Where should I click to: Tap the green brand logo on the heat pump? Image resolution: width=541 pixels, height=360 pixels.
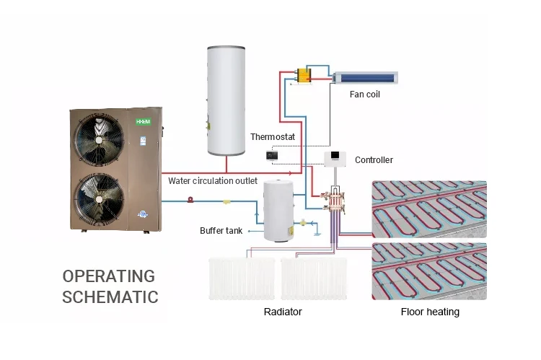point(145,122)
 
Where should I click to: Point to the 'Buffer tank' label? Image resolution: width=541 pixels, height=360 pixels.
point(221,231)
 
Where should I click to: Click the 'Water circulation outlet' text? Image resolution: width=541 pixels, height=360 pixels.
point(212,180)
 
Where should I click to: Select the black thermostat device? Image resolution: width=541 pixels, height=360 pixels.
point(272,155)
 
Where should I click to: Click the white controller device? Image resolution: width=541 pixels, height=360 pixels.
point(335,159)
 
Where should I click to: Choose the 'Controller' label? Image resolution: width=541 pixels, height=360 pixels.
point(374,159)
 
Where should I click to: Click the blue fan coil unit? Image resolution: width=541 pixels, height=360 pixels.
point(364,75)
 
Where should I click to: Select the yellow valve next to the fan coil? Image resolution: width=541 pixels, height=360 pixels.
point(305,75)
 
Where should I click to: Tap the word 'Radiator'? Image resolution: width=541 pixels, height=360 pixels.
point(282,312)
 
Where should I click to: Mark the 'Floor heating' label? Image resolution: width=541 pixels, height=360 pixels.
point(430,312)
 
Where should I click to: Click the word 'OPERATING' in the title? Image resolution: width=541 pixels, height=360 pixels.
point(109,276)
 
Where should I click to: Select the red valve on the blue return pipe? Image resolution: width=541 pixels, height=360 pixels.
point(190,200)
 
